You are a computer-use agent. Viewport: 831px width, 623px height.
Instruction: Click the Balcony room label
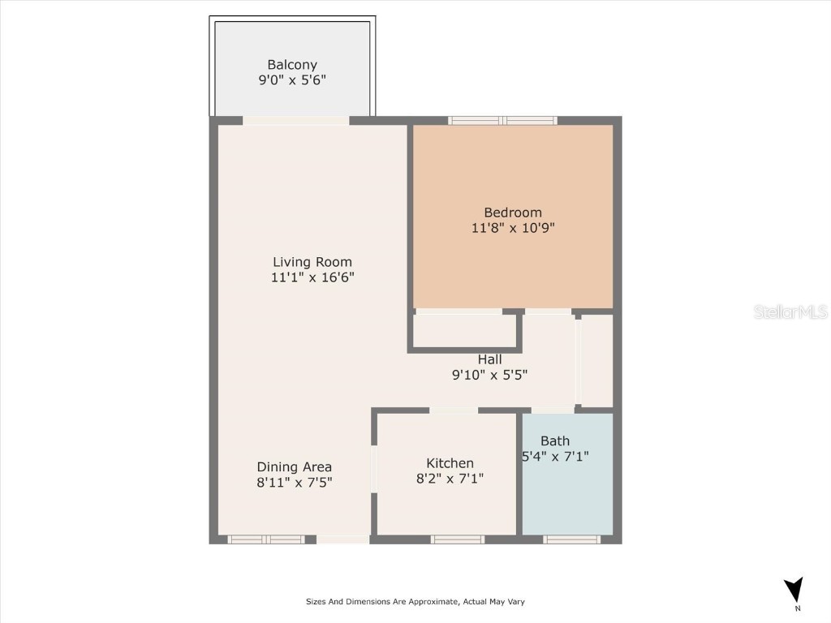(x=292, y=65)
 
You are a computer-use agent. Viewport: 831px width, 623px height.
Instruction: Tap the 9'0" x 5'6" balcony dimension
(x=292, y=80)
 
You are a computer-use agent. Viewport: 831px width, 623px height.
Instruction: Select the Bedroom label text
(x=513, y=213)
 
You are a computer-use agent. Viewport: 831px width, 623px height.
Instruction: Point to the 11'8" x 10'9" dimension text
(x=513, y=228)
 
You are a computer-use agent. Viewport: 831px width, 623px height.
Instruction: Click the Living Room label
(x=312, y=262)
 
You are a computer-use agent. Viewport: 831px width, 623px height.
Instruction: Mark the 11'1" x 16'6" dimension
(x=312, y=277)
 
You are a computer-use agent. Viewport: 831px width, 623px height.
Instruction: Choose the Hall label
(x=489, y=359)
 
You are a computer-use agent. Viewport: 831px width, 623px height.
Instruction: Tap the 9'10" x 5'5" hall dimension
(x=489, y=375)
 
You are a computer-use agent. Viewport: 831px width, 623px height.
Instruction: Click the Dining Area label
(x=295, y=466)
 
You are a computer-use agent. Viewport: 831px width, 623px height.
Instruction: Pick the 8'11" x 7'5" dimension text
(x=295, y=482)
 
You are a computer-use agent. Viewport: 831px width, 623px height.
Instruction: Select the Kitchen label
(x=450, y=463)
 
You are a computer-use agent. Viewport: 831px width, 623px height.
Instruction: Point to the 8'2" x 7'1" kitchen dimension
(x=450, y=479)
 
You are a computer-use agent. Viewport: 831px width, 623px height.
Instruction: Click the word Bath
(x=555, y=441)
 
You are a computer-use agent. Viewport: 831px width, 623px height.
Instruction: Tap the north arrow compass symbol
(x=794, y=590)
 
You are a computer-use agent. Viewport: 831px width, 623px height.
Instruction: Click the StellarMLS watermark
(x=790, y=312)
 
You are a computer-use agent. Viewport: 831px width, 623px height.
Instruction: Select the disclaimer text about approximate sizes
(x=415, y=602)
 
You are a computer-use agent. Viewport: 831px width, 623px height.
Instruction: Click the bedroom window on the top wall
(x=503, y=121)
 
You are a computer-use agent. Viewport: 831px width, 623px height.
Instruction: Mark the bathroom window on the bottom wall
(x=571, y=539)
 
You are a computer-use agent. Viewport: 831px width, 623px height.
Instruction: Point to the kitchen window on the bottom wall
(x=458, y=539)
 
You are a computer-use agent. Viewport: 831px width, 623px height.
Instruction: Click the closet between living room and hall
(x=465, y=330)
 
